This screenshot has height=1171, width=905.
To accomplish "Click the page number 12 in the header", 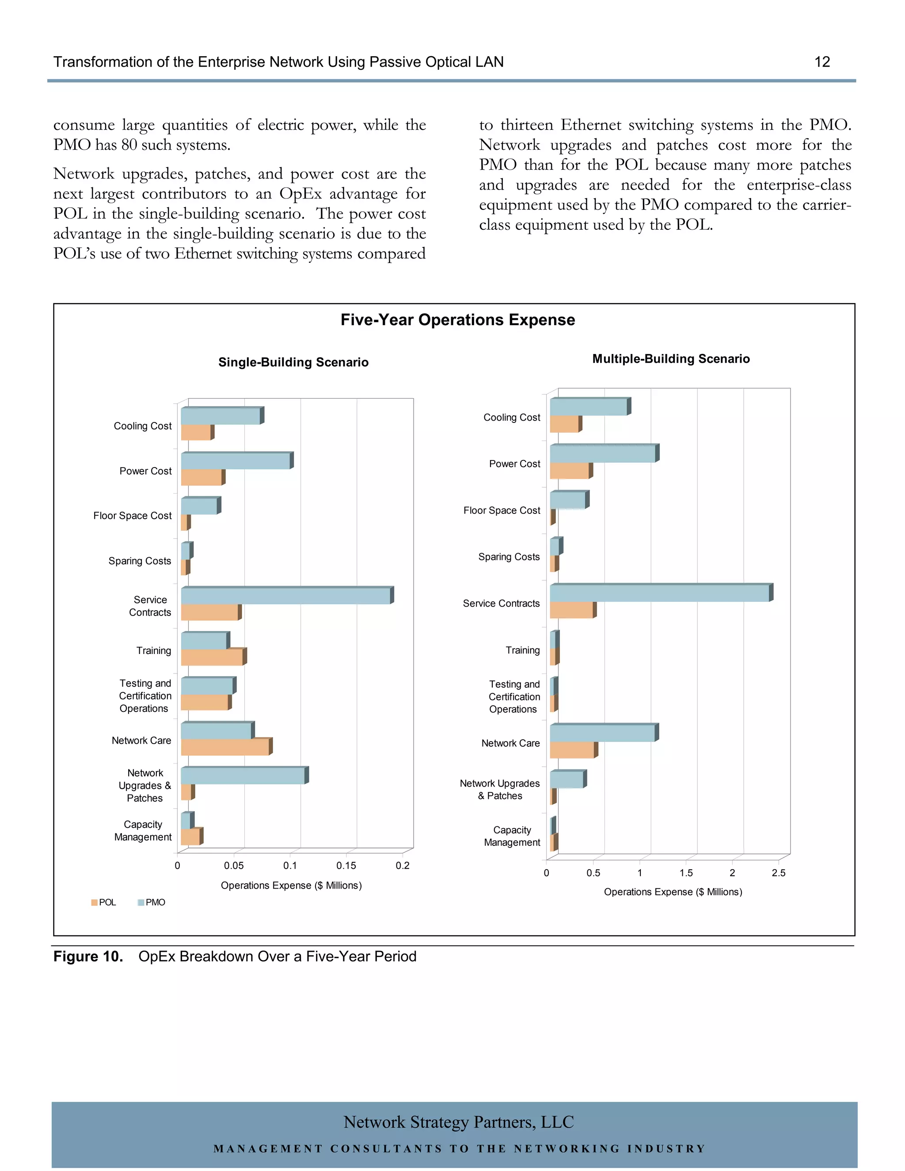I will (x=821, y=62).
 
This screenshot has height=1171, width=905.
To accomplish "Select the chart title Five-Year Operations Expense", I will (x=457, y=320).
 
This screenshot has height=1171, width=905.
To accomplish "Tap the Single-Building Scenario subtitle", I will (x=293, y=362).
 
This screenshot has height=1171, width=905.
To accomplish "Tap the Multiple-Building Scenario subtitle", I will (x=670, y=359).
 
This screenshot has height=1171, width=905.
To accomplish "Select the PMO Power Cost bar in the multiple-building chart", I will (x=602, y=454).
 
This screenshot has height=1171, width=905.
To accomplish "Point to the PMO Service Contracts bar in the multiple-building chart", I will (x=659, y=593).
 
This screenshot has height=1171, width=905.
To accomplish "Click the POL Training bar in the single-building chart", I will (x=212, y=658).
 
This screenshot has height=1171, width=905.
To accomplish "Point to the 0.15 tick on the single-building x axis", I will (x=346, y=865).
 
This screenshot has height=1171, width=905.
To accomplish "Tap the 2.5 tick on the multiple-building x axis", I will (x=778, y=873).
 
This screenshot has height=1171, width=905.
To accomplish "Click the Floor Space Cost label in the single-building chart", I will (x=133, y=516).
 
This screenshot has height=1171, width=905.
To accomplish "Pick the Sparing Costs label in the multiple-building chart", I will (x=509, y=557).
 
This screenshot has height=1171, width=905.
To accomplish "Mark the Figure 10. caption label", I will (x=88, y=957).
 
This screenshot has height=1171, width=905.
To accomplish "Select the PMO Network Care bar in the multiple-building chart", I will (x=602, y=733).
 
